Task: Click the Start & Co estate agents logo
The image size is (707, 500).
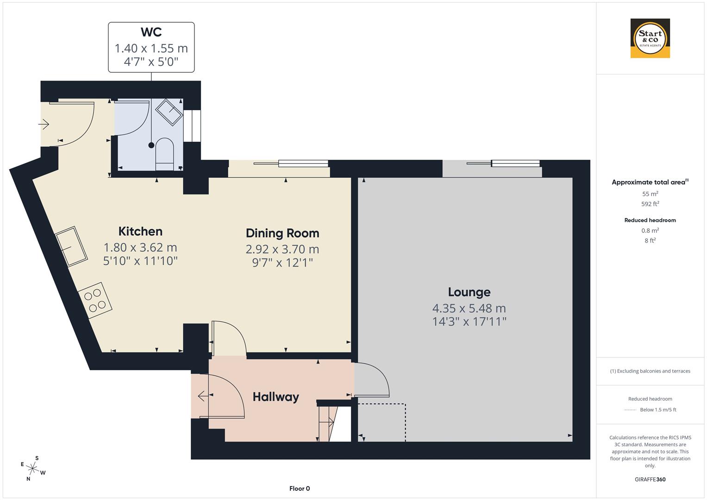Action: pyautogui.click(x=650, y=38)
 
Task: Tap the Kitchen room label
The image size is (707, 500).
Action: pyautogui.click(x=140, y=231)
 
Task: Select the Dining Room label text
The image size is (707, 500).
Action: pyautogui.click(x=282, y=233)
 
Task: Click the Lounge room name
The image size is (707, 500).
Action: pyautogui.click(x=469, y=292)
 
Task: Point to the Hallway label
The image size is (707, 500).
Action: pyautogui.click(x=275, y=397)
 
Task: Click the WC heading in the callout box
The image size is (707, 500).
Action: pyautogui.click(x=151, y=32)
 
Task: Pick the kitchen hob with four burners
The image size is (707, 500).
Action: pyautogui.click(x=95, y=300)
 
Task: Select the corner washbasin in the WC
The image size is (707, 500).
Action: pyautogui.click(x=169, y=112)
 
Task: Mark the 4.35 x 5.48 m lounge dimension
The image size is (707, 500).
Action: pyautogui.click(x=469, y=308)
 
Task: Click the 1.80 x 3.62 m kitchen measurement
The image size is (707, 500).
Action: pyautogui.click(x=140, y=248)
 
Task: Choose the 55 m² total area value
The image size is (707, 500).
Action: pyautogui.click(x=650, y=194)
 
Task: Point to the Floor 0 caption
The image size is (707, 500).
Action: pyautogui.click(x=300, y=488)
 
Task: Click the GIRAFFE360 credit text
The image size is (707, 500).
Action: pyautogui.click(x=650, y=479)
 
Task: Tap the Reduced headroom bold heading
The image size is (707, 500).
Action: pyautogui.click(x=650, y=220)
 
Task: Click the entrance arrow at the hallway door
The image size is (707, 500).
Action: pyautogui.click(x=202, y=396)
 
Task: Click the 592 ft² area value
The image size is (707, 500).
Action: pyautogui.click(x=650, y=204)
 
